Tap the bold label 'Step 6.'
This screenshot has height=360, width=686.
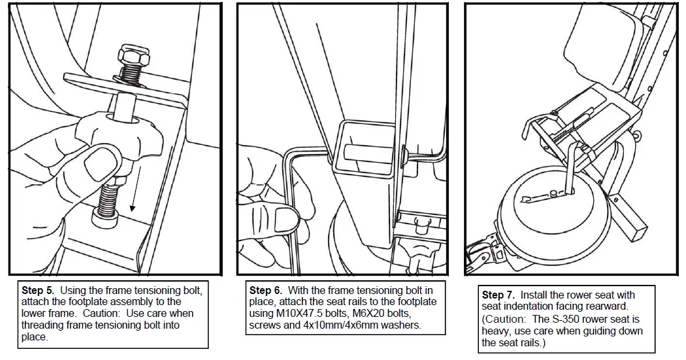pyautogui.click(x=265, y=289)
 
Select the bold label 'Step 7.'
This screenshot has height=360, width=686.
pyautogui.click(x=497, y=295)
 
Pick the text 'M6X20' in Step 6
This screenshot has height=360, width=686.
pyautogui.click(x=367, y=313)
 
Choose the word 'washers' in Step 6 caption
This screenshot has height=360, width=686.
pyautogui.click(x=401, y=325)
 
